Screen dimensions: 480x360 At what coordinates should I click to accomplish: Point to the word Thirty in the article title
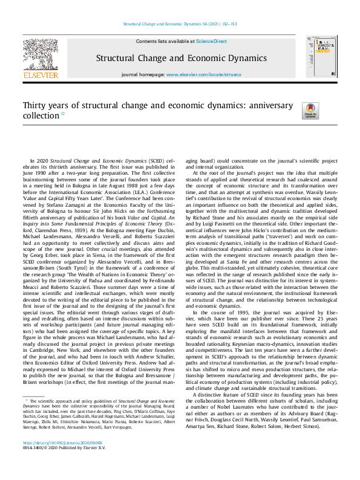(35, 106)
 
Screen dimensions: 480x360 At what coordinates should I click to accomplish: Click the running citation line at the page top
(180, 24)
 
